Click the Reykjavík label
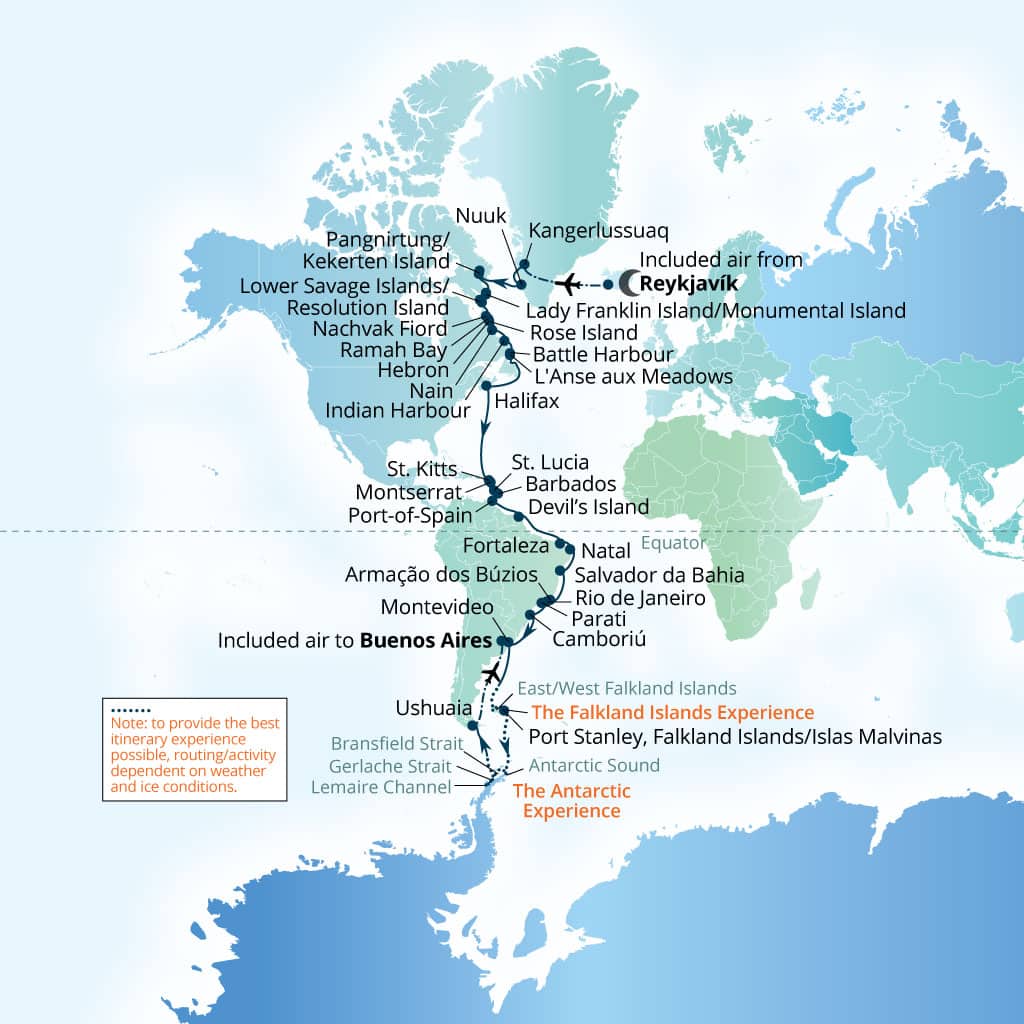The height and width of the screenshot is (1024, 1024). coord(689,283)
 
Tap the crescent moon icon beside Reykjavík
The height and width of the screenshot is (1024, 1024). coord(632,283)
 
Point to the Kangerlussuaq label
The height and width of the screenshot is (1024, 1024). coord(591,231)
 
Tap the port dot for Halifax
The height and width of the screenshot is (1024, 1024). coord(486,386)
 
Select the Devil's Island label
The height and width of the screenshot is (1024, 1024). coord(588,506)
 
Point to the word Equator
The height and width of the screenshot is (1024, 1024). coord(673,543)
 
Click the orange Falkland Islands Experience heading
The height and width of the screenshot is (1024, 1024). coord(673,713)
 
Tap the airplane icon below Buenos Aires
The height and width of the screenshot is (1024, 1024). coord(491,670)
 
